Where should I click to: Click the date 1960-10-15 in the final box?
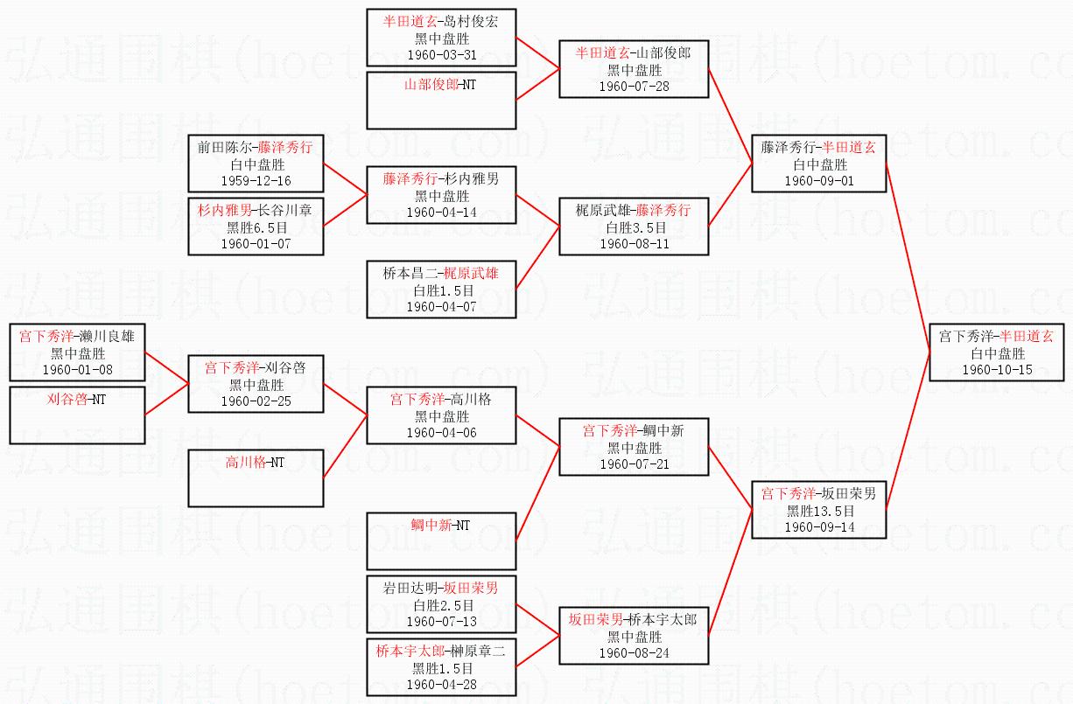click(x=997, y=370)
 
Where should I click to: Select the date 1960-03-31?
click(x=441, y=54)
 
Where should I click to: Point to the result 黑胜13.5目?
click(x=819, y=511)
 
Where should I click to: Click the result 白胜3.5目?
click(x=634, y=227)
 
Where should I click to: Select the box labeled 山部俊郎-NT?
click(x=441, y=100)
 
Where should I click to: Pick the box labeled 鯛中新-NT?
click(x=441, y=540)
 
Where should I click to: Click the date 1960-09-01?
click(x=819, y=181)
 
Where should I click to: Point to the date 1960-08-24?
click(x=634, y=653)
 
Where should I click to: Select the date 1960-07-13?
click(x=441, y=622)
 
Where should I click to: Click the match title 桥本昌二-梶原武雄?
click(x=441, y=273)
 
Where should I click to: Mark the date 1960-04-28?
click(x=441, y=685)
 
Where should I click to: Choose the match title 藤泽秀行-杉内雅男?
click(x=441, y=178)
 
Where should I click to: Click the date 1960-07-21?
click(x=634, y=464)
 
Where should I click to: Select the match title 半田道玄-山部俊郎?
click(x=634, y=53)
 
